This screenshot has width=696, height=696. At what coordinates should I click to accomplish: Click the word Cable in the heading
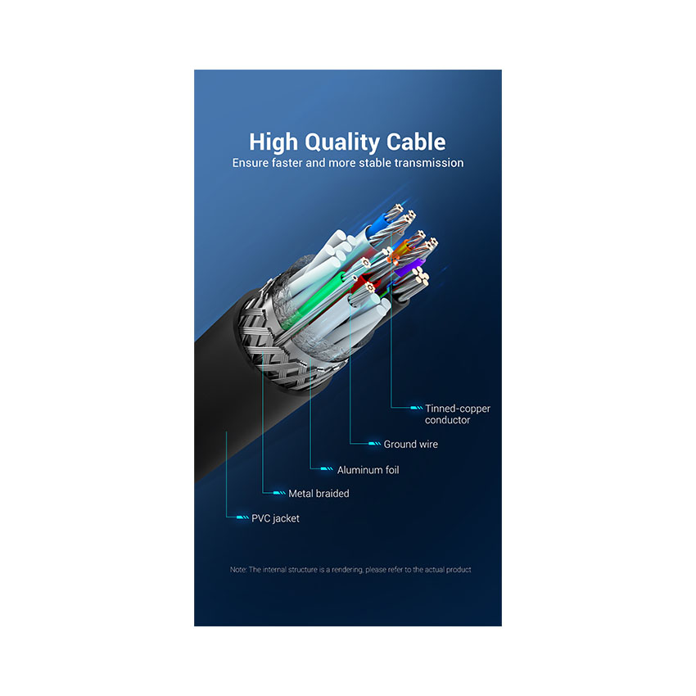pos(416,142)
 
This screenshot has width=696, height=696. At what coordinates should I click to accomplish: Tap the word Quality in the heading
pos(341,143)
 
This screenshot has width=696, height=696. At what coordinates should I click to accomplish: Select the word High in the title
pos(273,142)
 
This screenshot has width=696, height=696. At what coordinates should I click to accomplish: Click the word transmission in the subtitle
pos(429,163)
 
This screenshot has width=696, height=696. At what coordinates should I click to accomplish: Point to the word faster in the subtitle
pos(287,163)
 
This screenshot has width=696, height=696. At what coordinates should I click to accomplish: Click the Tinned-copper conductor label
pos(458,414)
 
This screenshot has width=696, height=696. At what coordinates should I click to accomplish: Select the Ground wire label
pos(410,445)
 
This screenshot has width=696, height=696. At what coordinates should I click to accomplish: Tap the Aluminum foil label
pos(368,470)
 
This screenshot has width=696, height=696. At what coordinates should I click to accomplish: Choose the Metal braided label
pos(319,494)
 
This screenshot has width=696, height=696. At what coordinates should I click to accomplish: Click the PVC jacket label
pos(275,518)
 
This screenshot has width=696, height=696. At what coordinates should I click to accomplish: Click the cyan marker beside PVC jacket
pos(242,517)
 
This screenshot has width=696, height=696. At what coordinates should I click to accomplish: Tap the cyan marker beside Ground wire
pos(375,444)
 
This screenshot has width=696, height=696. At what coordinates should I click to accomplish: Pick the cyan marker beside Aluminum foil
pos(327,468)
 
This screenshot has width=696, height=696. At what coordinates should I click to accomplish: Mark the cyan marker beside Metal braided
pos(279,493)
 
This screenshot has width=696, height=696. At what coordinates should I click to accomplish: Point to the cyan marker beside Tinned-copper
pos(416,408)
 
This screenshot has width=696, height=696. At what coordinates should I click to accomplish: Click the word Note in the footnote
pos(238,570)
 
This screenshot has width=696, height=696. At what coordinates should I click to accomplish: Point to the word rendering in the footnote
pos(348,570)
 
